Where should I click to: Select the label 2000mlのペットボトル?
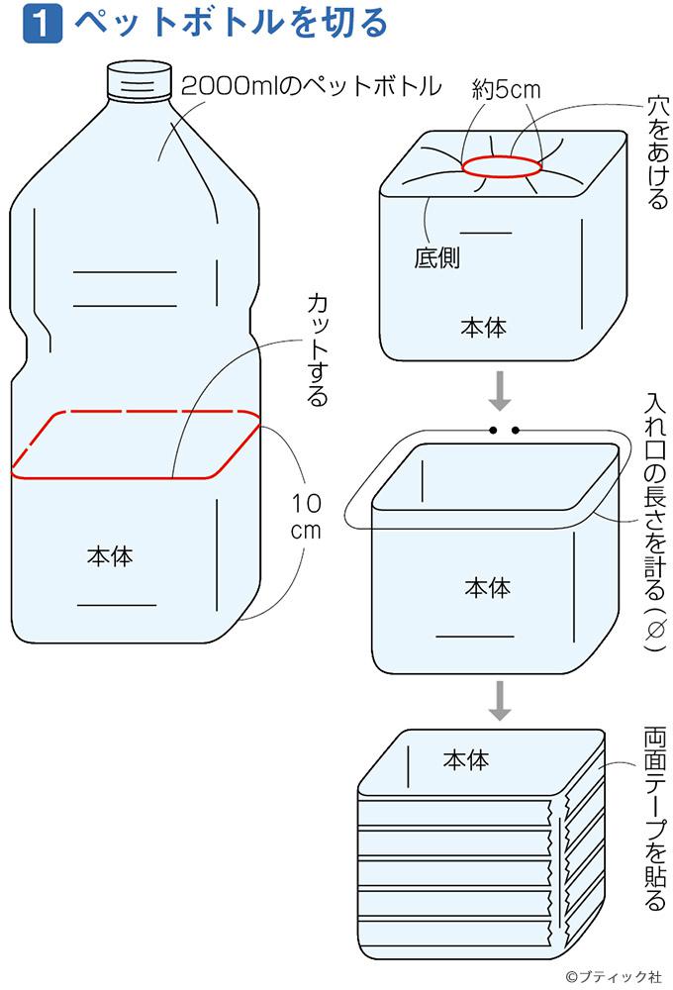pos(311,87)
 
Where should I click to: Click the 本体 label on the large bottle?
pos(109,556)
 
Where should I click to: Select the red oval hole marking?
pos(503,166)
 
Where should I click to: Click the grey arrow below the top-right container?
pos(501,390)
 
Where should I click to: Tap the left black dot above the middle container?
pos(491,431)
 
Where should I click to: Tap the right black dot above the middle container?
pos(516,431)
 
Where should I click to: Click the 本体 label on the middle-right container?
pos(488,587)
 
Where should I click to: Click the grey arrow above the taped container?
pos(501,700)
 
